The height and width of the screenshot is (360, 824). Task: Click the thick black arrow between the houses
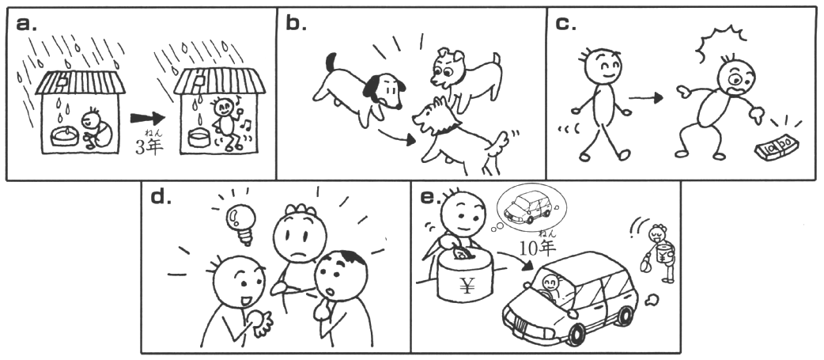pyautogui.click(x=148, y=118)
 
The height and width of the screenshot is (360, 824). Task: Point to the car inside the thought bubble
pyautogui.click(x=527, y=207)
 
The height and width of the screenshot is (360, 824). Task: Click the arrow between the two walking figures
pyautogui.click(x=645, y=98)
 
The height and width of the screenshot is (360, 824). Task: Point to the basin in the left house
pyautogui.click(x=65, y=136)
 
